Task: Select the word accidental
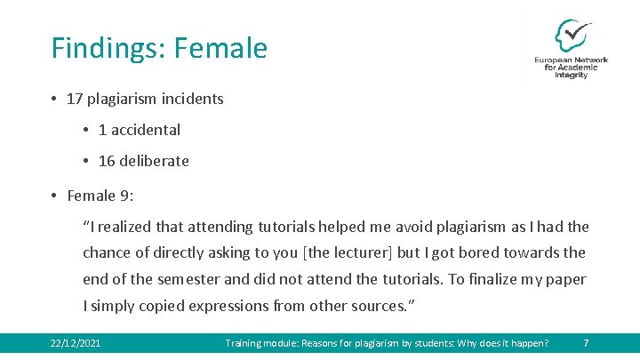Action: [x=146, y=130]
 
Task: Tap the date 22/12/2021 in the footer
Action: [x=76, y=343]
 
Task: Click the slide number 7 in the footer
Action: [x=585, y=343]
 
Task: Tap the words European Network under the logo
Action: [x=571, y=60]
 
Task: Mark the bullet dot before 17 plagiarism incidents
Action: [x=54, y=99]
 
